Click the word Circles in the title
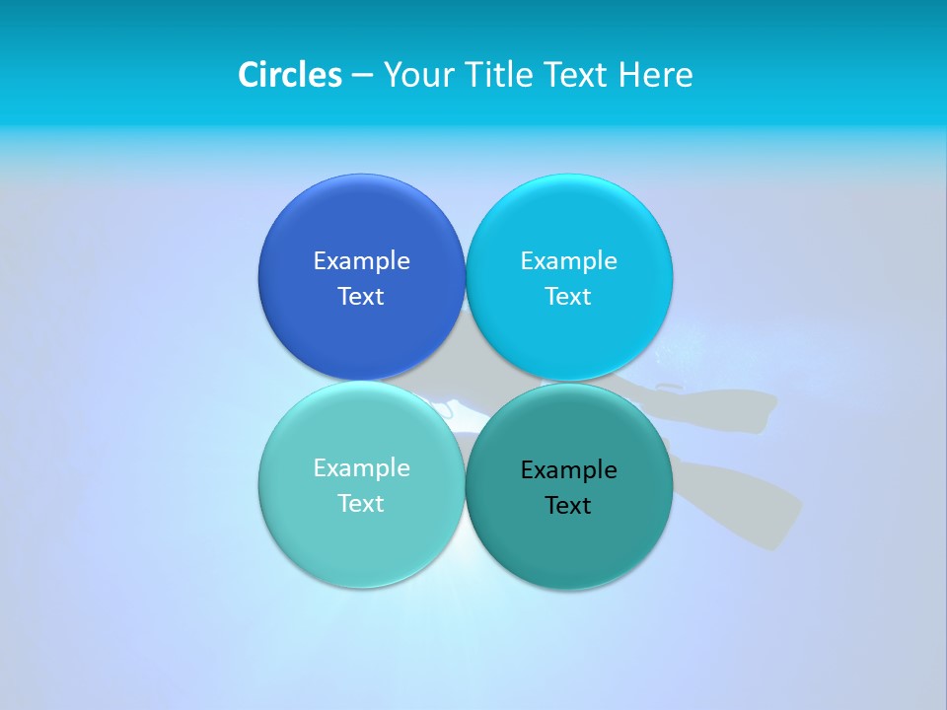pos(290,75)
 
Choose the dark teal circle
pos(569,542)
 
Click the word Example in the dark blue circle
pos(361,261)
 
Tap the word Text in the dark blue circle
pos(361,297)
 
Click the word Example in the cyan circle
pos(568,261)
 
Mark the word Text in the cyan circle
pos(568,297)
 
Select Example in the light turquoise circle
pos(361,468)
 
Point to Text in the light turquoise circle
pos(361,504)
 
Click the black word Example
pos(568,470)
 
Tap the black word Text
pos(568,506)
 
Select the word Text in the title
pos(574,75)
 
